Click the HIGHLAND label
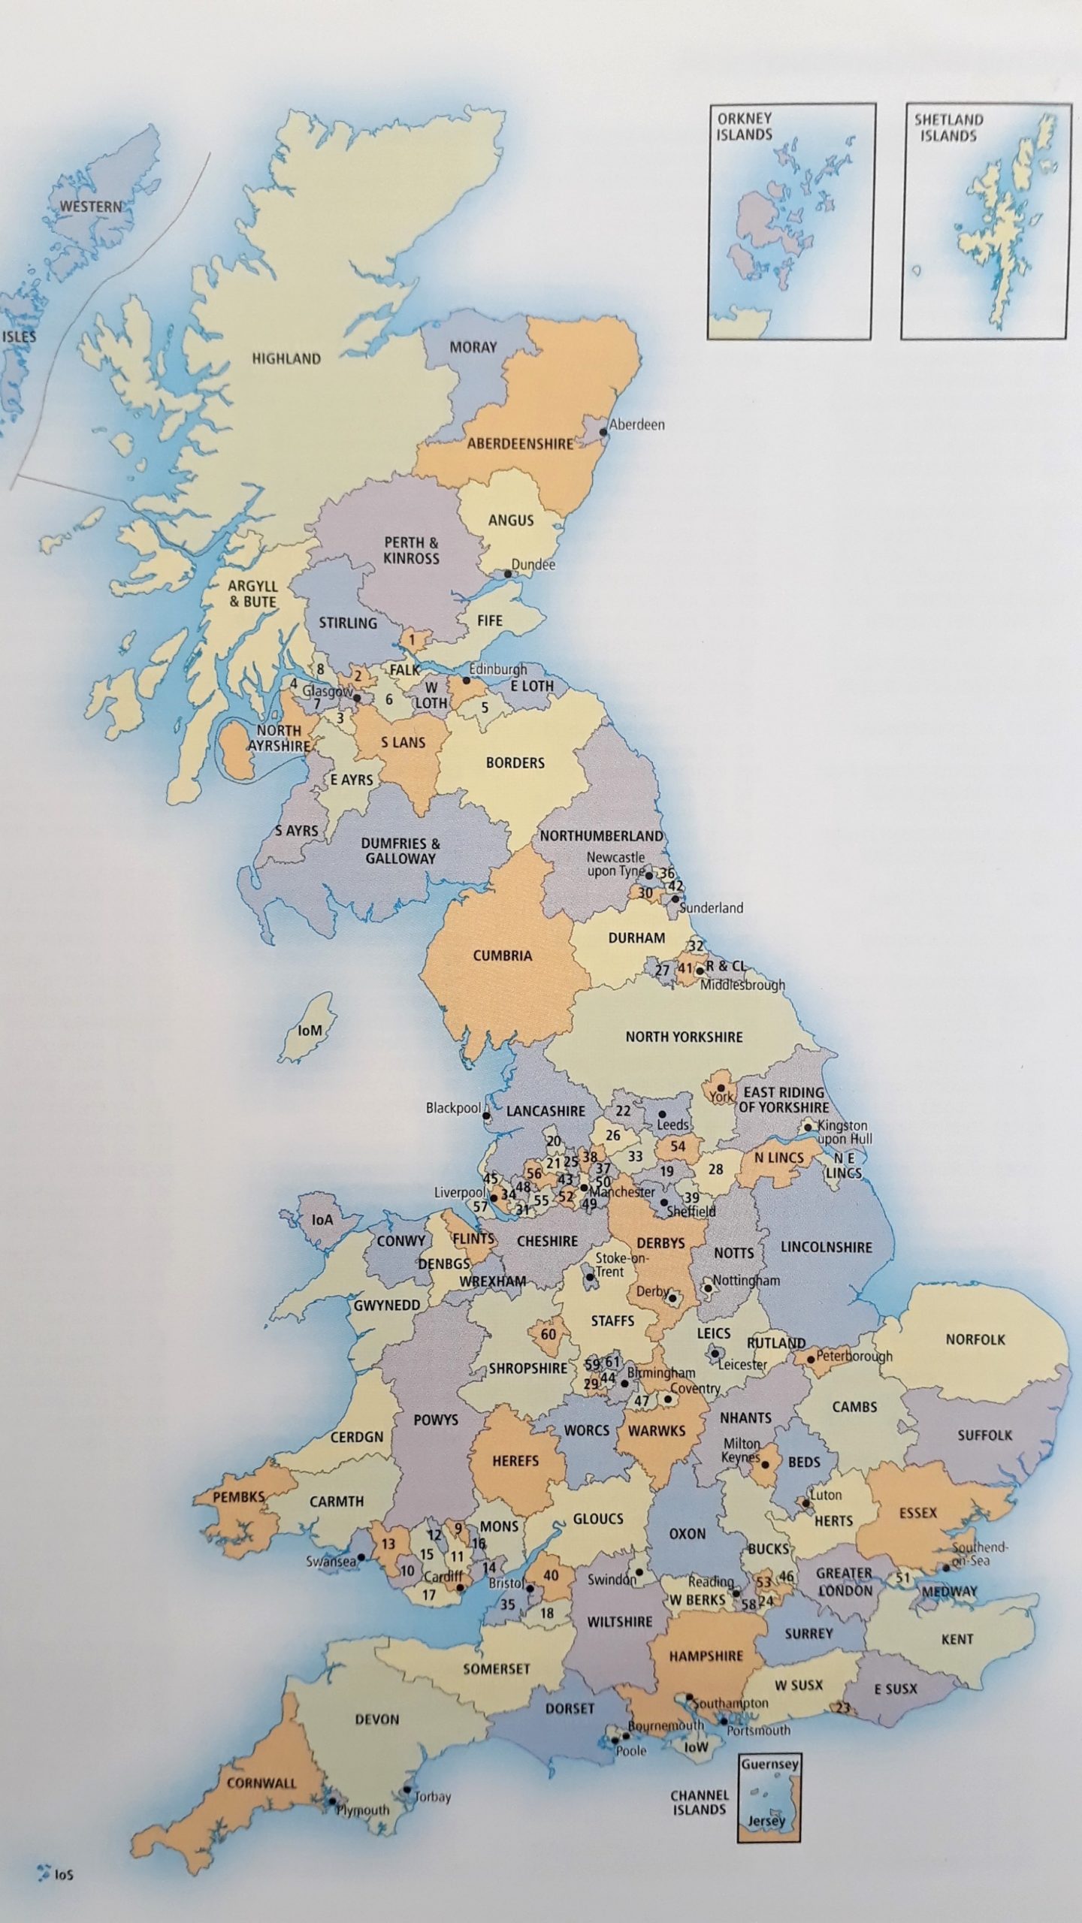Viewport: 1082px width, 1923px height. coord(286,359)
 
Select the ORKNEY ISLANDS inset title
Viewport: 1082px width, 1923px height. coord(744,127)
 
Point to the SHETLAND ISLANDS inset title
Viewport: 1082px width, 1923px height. coord(948,128)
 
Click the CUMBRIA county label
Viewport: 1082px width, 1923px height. coord(502,955)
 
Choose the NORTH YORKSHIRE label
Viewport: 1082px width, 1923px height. coord(683,1037)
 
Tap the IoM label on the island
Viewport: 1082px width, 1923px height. coord(309,1031)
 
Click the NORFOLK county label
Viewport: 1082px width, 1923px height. coord(975,1339)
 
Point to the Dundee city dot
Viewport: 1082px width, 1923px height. coord(508,574)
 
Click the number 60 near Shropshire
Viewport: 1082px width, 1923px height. coord(548,1334)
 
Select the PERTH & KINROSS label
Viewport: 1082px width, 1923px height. coord(411,550)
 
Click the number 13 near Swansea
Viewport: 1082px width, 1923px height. coord(388,1544)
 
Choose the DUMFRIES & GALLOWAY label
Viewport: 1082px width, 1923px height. coord(400,850)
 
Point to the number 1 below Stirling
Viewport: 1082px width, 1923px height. coord(412,640)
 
